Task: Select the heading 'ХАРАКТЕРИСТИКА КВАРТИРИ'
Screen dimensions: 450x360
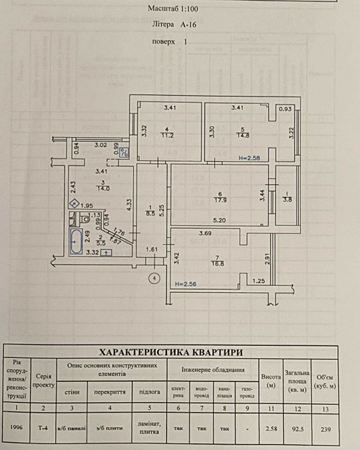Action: (x=171, y=352)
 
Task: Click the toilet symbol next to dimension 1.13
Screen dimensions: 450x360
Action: (x=85, y=219)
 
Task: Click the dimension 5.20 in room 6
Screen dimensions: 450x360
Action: (x=219, y=220)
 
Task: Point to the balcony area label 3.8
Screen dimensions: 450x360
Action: (x=287, y=198)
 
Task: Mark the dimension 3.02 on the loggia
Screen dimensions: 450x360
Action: (x=101, y=144)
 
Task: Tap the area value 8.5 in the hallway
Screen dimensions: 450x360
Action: (x=152, y=214)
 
